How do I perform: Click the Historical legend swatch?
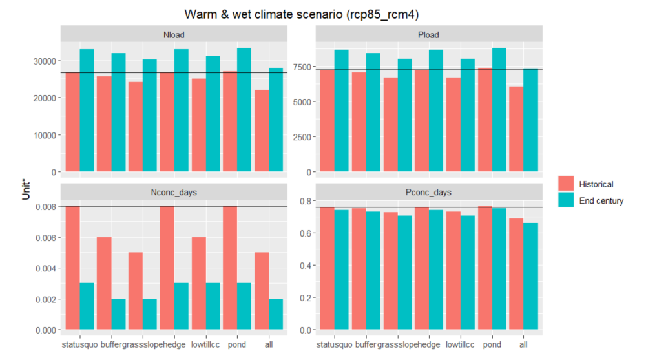[566, 184]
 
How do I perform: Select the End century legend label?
[601, 201]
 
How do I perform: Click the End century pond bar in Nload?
[244, 110]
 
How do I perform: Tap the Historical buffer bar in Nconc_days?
[104, 283]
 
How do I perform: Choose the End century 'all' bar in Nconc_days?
[276, 314]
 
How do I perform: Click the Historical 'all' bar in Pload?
[516, 129]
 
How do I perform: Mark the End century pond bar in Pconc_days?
[499, 269]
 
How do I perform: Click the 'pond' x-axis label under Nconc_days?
[236, 344]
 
